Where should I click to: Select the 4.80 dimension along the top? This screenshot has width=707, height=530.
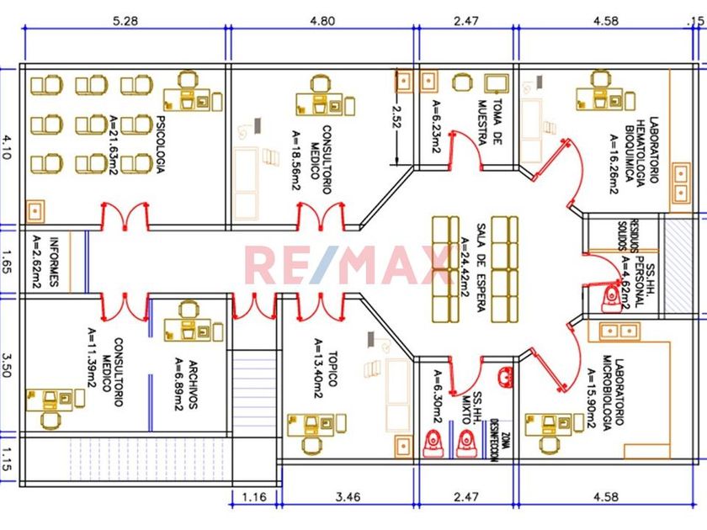[x=323, y=19]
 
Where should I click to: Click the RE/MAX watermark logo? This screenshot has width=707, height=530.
[x=347, y=264]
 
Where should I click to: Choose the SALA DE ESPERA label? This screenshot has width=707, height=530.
[x=481, y=268]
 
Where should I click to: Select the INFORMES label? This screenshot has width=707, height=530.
[x=53, y=262]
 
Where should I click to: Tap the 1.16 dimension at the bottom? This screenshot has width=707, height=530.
[x=255, y=497]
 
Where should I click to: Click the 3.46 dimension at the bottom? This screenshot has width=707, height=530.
[x=347, y=497]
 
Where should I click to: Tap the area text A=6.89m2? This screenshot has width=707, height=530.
[x=178, y=385]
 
